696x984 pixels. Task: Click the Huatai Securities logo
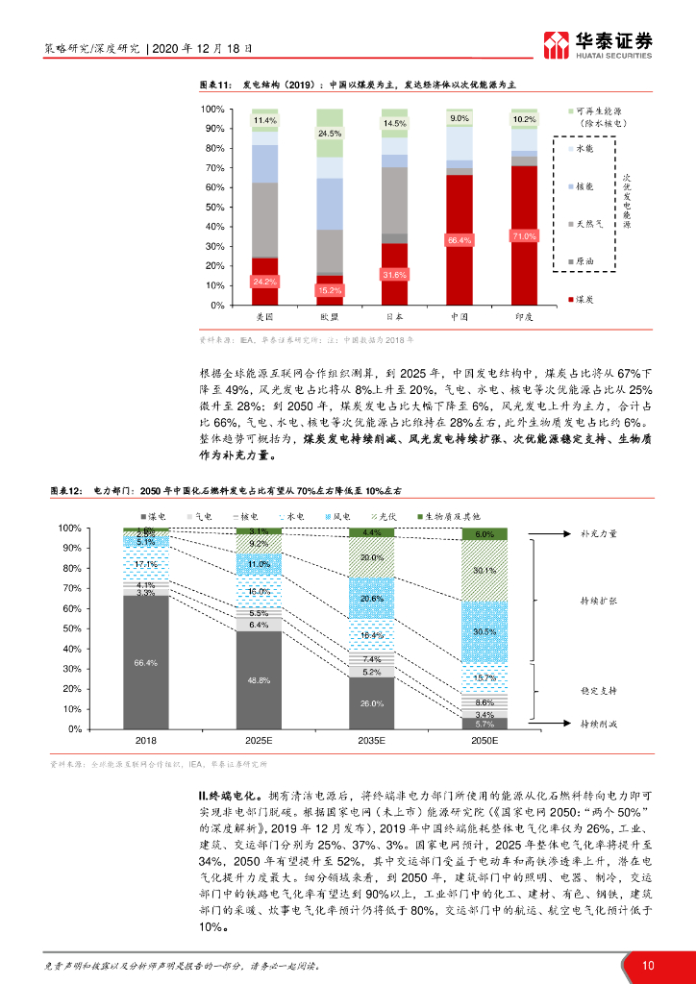click(x=598, y=44)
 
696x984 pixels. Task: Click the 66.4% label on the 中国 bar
click(x=459, y=240)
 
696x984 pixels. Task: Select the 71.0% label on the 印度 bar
click(x=524, y=235)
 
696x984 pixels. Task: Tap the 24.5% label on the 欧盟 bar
click(x=330, y=134)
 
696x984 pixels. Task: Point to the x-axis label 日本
click(x=394, y=315)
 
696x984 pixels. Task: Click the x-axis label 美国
click(x=264, y=315)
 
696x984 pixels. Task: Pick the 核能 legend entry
click(x=584, y=185)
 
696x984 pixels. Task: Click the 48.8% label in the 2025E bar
click(x=259, y=680)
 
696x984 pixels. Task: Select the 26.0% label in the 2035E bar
click(x=370, y=703)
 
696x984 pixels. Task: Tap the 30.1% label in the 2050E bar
click(x=485, y=570)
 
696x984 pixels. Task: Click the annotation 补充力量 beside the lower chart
click(x=599, y=533)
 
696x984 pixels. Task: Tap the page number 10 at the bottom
click(x=649, y=966)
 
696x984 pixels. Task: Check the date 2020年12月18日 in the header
click(x=203, y=47)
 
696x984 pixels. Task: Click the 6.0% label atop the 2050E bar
click(x=485, y=534)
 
